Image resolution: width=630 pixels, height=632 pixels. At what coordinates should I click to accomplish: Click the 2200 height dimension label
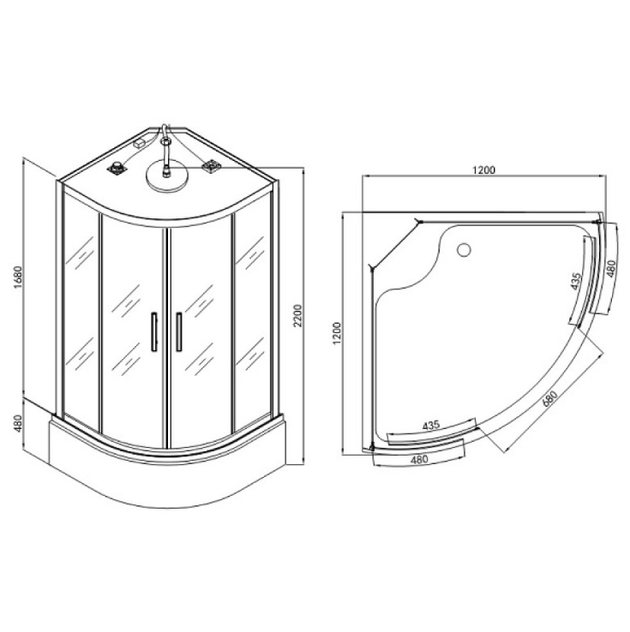297,316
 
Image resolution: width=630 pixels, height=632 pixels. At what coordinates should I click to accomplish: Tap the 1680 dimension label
18,277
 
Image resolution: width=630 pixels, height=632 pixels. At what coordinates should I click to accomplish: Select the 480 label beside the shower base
18,423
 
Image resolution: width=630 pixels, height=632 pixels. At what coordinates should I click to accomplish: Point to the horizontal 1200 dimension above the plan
483,170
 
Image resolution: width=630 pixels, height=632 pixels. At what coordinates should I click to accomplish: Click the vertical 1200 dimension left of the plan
337,333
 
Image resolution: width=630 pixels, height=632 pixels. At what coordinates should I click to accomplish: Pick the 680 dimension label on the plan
549,399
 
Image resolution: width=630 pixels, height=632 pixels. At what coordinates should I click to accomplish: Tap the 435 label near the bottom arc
431,426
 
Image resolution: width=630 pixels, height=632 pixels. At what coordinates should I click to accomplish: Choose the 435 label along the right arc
577,282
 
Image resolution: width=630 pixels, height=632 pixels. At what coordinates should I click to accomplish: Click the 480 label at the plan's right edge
611,268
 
